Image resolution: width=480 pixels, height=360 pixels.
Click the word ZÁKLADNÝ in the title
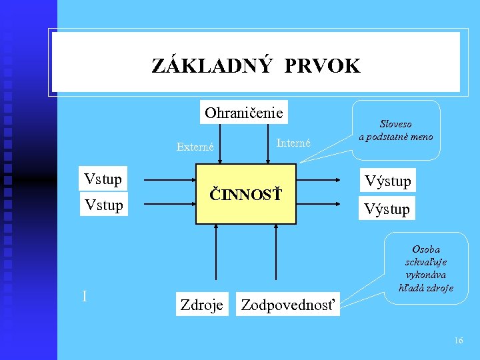point(212,66)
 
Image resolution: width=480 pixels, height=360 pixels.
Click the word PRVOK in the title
point(322,66)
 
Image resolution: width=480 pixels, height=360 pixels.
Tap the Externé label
point(195,147)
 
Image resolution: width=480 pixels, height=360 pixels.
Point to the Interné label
point(293,142)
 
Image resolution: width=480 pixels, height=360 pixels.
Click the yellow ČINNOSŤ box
point(245,194)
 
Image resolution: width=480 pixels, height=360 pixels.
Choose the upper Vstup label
point(103,179)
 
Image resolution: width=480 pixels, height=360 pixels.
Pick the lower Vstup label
point(103,205)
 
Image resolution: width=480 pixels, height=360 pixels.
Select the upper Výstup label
point(387,181)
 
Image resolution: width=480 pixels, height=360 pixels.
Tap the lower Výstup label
point(387,209)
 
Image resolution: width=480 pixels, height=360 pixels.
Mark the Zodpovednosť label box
point(288,305)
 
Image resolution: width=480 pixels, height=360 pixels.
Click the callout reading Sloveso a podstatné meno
point(396,130)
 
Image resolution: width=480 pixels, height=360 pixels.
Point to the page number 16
point(458,341)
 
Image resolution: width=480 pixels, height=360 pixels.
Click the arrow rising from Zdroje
point(215,253)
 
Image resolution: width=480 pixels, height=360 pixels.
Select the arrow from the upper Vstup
point(169,180)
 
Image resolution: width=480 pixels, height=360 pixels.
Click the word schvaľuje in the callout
point(425,262)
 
